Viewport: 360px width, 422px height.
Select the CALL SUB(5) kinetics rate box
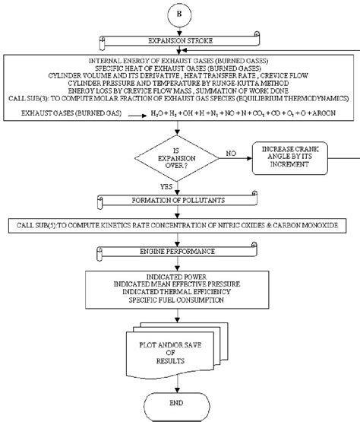[x=180, y=225]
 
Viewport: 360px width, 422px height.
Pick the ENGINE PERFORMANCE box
[x=180, y=250]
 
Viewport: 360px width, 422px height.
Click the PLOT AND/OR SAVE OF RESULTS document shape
[x=180, y=341]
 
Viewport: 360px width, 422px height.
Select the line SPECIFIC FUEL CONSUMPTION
[x=180, y=301]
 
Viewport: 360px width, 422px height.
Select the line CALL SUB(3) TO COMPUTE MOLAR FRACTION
[x=180, y=99]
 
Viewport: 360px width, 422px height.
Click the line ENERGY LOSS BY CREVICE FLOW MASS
[x=180, y=90]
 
